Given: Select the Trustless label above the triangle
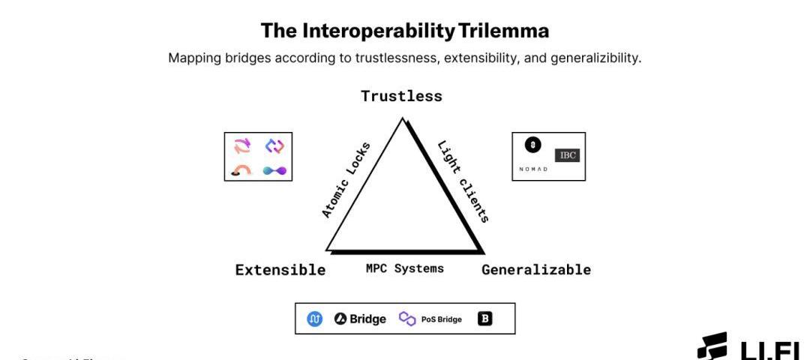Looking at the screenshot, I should point(401,96).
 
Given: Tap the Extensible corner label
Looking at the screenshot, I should point(280,270).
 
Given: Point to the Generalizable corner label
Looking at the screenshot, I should point(535,270).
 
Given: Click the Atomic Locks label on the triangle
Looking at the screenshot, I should point(346,180).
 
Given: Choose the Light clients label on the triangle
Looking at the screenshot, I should point(463,181).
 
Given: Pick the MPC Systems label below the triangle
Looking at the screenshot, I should point(404,268).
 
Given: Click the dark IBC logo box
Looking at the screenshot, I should point(567,155).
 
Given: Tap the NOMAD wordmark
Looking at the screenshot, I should point(533,169).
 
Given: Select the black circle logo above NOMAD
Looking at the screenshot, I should point(532,145).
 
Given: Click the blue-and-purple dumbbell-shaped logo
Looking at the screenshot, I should point(275,171).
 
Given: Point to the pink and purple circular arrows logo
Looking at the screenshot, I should point(242,145).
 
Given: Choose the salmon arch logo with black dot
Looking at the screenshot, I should point(241,171).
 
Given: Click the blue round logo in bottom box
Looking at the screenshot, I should point(315,319).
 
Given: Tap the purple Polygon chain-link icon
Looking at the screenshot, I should point(407,319).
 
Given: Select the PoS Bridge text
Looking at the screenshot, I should point(441,319).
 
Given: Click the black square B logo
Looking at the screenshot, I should point(485,319).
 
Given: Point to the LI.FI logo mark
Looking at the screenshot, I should point(712,346).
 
